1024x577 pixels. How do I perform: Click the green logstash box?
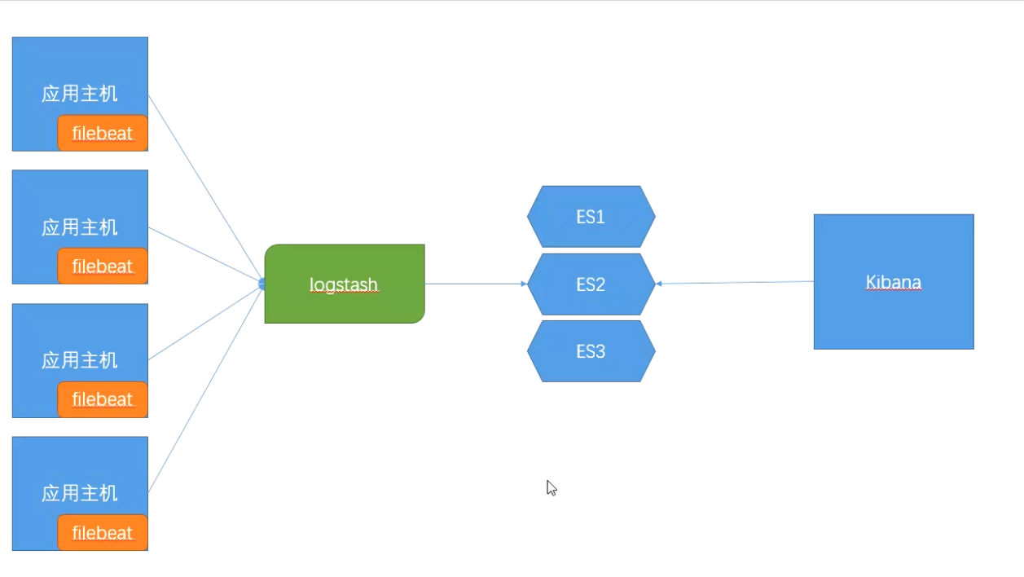tap(345, 284)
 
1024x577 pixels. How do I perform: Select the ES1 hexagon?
tap(591, 216)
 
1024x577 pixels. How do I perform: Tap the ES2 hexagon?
tap(591, 284)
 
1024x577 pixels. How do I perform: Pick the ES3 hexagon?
tap(591, 351)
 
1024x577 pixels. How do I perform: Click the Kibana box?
tap(894, 282)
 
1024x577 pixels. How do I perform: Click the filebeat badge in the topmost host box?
tap(103, 133)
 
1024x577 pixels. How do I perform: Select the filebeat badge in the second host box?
tap(103, 266)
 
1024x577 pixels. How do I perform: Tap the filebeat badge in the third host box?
tap(103, 399)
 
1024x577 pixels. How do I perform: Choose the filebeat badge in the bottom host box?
tap(103, 533)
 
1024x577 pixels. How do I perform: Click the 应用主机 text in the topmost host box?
tap(80, 94)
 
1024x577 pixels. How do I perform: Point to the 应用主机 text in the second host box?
tap(80, 227)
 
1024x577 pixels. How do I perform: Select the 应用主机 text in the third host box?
tap(80, 360)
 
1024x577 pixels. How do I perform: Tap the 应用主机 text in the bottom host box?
tap(80, 493)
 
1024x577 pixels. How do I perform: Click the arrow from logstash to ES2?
tap(476, 284)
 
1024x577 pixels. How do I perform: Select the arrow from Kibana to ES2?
tap(735, 283)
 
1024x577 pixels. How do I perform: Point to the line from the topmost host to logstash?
tap(206, 188)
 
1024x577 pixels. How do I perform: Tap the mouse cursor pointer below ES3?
tap(552, 488)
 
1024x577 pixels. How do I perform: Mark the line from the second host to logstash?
tap(206, 254)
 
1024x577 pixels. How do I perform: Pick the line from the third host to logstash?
tap(206, 322)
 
